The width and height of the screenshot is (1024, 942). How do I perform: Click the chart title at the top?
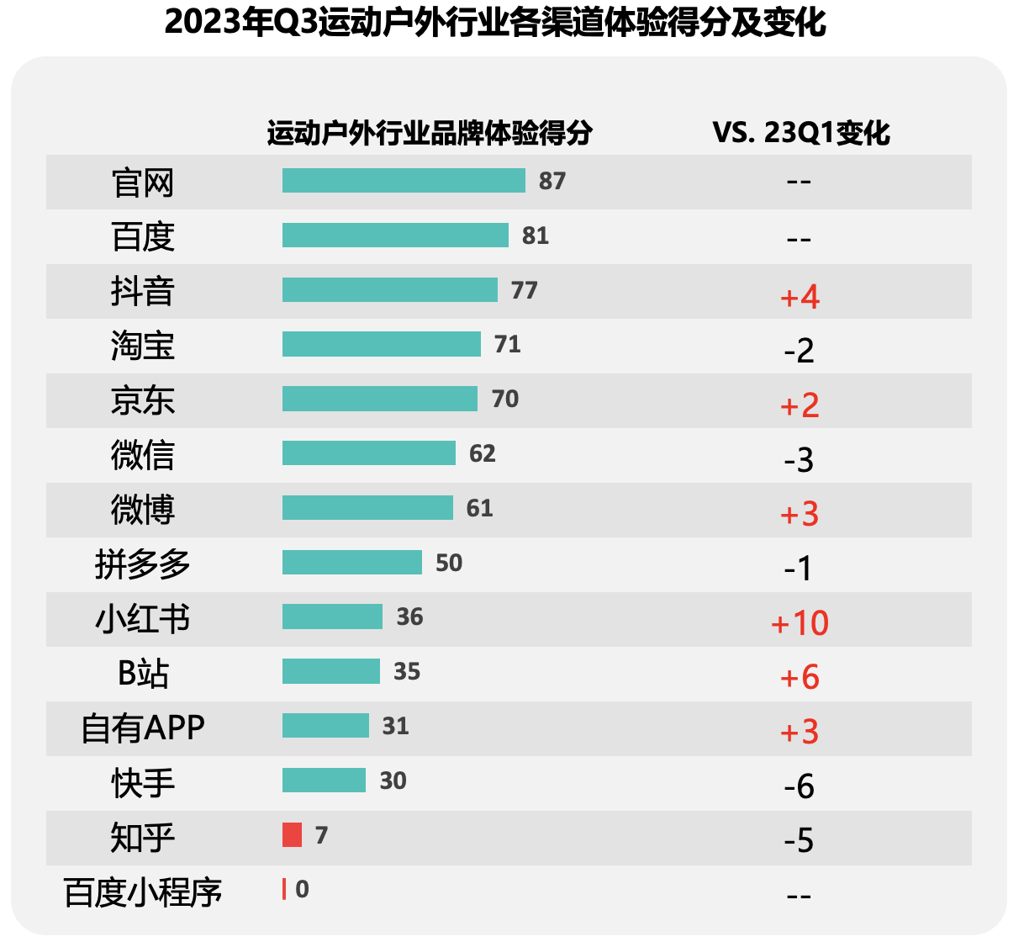click(x=495, y=23)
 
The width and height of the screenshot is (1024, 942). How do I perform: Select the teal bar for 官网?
click(x=404, y=181)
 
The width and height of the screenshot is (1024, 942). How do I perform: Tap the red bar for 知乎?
click(x=292, y=835)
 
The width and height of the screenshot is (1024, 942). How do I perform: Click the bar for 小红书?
click(x=332, y=617)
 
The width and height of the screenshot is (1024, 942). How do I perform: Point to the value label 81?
click(x=535, y=235)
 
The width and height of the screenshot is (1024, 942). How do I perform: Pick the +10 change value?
click(x=800, y=623)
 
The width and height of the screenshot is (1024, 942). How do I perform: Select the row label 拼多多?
click(x=143, y=564)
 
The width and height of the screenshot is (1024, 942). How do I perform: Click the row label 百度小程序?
click(x=143, y=892)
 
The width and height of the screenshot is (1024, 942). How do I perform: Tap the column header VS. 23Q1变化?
click(x=800, y=133)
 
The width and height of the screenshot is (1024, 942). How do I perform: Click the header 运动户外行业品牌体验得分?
click(x=430, y=133)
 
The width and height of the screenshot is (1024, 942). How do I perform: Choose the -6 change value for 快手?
click(x=799, y=786)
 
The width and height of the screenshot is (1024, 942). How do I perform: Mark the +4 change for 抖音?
click(x=800, y=296)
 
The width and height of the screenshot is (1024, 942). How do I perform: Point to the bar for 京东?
click(x=379, y=399)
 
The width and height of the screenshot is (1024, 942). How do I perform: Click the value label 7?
click(x=321, y=835)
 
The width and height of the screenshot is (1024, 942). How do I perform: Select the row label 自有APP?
click(x=143, y=728)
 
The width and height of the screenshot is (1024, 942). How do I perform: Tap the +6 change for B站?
click(x=800, y=677)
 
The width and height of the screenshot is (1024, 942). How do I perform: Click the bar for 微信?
click(x=368, y=453)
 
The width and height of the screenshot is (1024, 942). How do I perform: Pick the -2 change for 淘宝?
click(x=799, y=350)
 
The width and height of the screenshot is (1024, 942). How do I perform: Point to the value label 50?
click(x=449, y=563)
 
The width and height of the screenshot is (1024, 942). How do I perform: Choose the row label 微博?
click(x=143, y=509)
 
